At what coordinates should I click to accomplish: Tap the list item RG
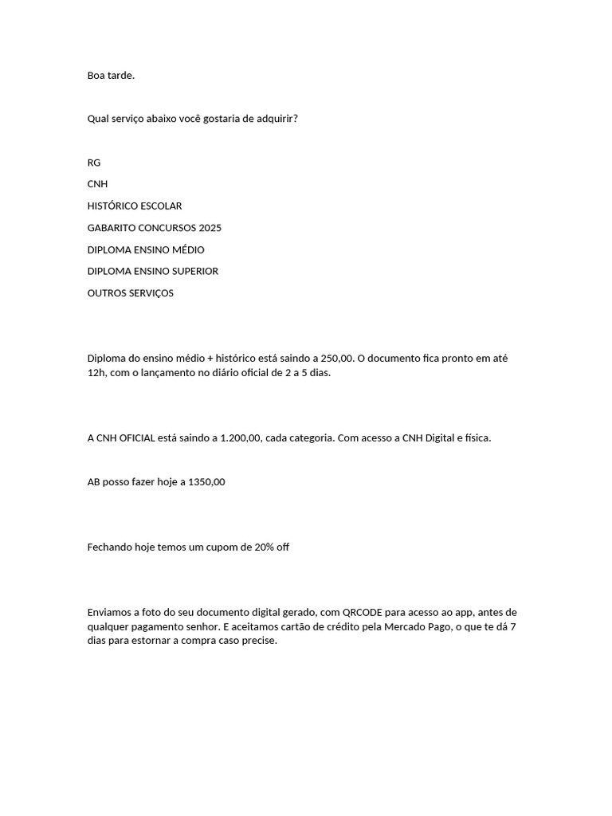click(94, 163)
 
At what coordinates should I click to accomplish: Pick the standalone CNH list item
click(97, 184)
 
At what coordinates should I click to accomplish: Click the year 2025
click(210, 228)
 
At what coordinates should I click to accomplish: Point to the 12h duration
click(95, 373)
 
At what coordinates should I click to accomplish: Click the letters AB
click(93, 482)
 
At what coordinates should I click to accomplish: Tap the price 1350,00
click(206, 482)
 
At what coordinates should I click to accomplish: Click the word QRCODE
click(363, 613)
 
